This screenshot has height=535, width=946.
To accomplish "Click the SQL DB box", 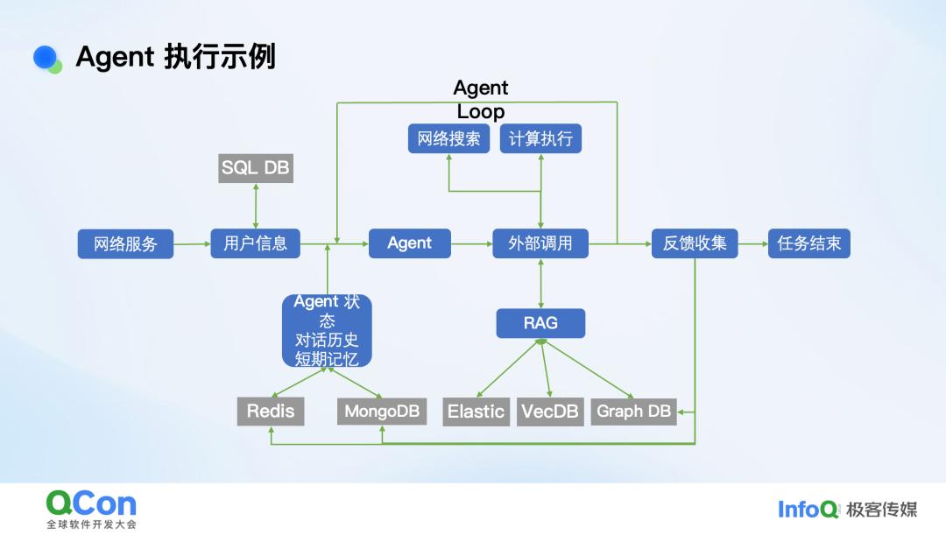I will pos(255,168).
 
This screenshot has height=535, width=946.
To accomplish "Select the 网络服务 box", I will pos(125,244).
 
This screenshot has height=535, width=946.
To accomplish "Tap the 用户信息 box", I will pos(255,243).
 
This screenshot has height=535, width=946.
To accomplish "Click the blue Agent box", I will pos(409,243).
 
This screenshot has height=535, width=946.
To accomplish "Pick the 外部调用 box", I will pos(540,243).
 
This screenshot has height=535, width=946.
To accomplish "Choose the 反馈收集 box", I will pos(695,243).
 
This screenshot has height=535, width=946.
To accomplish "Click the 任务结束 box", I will pos(808,243).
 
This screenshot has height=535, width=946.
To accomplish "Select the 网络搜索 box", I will pos(448,138).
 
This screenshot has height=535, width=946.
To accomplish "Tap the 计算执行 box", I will pos(540,138).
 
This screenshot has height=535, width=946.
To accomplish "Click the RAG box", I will pos(540,323).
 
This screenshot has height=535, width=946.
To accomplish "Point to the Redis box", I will pos(271,412).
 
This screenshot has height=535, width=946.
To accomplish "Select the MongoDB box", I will pos(382,412).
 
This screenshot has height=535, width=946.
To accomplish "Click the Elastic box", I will pos(476,412).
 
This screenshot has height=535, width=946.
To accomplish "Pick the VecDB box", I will pos(550,412).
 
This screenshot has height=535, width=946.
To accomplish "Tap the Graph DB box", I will pos(633,412).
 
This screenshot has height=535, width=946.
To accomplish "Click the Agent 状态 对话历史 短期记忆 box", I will pos(327,330).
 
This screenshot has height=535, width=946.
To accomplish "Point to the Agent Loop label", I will pos(481,100).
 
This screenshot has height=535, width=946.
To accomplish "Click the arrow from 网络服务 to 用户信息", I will pos(192,244).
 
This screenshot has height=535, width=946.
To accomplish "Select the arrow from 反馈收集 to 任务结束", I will pos(752,243).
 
